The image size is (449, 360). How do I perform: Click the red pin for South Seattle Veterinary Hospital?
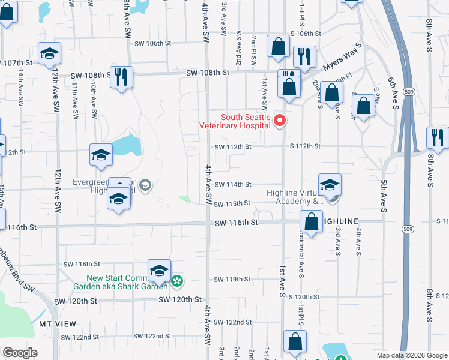[x=279, y=121]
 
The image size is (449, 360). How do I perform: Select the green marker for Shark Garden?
[x=177, y=281]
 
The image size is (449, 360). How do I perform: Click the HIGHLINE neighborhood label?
[x=344, y=221]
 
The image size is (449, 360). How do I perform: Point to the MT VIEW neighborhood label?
[x=58, y=324]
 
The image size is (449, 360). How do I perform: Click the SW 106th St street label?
[x=153, y=43]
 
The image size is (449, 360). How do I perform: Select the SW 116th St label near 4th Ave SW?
[x=237, y=222]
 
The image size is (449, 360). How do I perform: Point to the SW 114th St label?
[x=232, y=185]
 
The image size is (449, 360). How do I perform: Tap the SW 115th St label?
[x=232, y=203]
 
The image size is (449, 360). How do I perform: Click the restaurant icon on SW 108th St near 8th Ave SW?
[x=122, y=76]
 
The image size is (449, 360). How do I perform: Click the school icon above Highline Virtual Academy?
[x=330, y=185]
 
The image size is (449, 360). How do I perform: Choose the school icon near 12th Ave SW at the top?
[x=49, y=53]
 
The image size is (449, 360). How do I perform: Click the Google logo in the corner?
[x=20, y=353]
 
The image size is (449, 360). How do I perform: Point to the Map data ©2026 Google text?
[x=411, y=355]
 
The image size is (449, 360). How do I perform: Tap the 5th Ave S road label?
[x=382, y=195]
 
